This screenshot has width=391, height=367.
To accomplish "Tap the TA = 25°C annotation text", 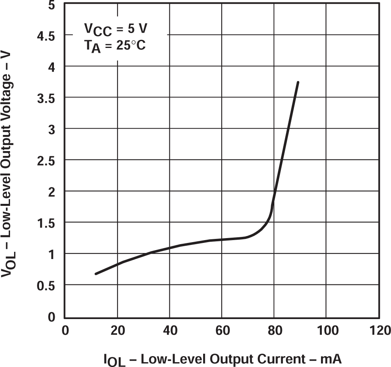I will click(x=115, y=46).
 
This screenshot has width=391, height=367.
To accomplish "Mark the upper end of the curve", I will click(x=298, y=82).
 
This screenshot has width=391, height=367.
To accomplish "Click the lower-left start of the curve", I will click(x=96, y=274).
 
